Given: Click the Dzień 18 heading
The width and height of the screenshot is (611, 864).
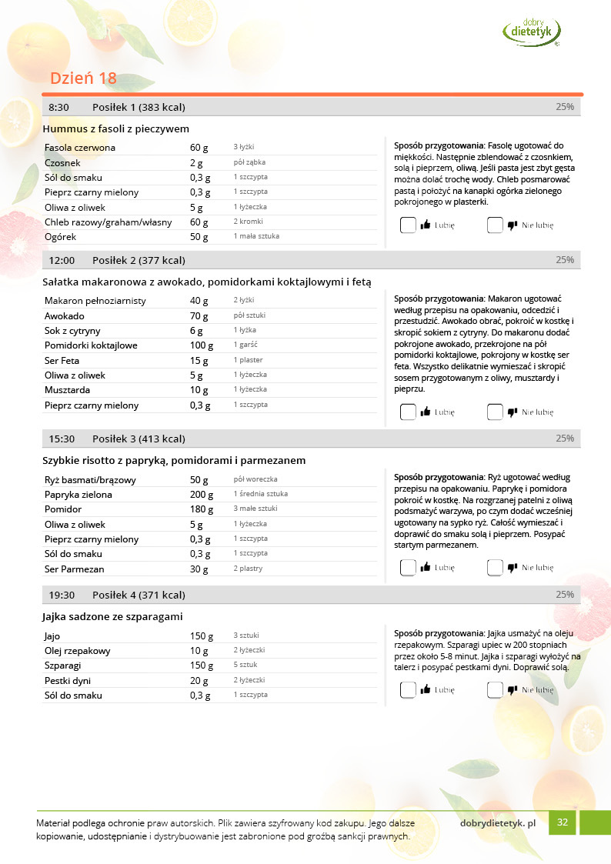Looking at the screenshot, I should click(x=83, y=78).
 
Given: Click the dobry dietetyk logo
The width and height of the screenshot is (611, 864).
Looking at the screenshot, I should click(x=531, y=31).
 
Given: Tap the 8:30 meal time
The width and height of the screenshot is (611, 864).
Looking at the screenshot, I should click(x=59, y=107).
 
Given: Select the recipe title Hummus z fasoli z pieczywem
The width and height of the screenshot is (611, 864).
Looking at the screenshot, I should click(x=116, y=128).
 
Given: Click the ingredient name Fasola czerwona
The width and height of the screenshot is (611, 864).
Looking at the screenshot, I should click(x=80, y=147).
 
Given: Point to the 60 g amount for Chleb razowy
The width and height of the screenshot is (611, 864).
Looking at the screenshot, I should click(x=199, y=222).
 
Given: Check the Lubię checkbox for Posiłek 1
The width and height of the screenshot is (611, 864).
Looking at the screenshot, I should click(x=408, y=225).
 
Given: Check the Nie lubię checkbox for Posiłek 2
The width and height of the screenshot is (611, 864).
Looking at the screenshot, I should click(x=495, y=412).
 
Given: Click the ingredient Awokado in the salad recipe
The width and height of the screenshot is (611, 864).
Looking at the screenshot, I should click(x=65, y=315).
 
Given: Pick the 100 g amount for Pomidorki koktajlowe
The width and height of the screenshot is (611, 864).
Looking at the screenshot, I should click(x=202, y=345).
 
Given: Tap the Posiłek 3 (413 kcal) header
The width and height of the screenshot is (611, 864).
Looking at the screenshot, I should click(x=139, y=439).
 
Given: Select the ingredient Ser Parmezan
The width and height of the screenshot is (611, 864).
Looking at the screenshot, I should click(x=75, y=569).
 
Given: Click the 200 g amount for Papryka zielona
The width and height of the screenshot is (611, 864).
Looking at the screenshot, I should click(x=202, y=494).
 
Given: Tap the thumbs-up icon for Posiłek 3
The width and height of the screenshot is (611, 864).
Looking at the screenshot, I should click(x=426, y=568).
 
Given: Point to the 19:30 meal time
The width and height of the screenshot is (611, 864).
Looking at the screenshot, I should click(x=62, y=595).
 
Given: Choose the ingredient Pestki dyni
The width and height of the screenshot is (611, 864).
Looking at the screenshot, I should click(x=69, y=680).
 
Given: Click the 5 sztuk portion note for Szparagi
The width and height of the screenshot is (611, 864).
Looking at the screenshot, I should click(x=245, y=665).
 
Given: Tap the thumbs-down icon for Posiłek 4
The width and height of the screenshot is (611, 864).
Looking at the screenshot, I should click(x=513, y=690).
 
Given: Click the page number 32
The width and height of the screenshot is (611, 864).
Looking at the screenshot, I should click(x=563, y=822).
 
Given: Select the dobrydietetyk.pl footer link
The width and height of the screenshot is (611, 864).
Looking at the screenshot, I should click(x=497, y=822).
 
